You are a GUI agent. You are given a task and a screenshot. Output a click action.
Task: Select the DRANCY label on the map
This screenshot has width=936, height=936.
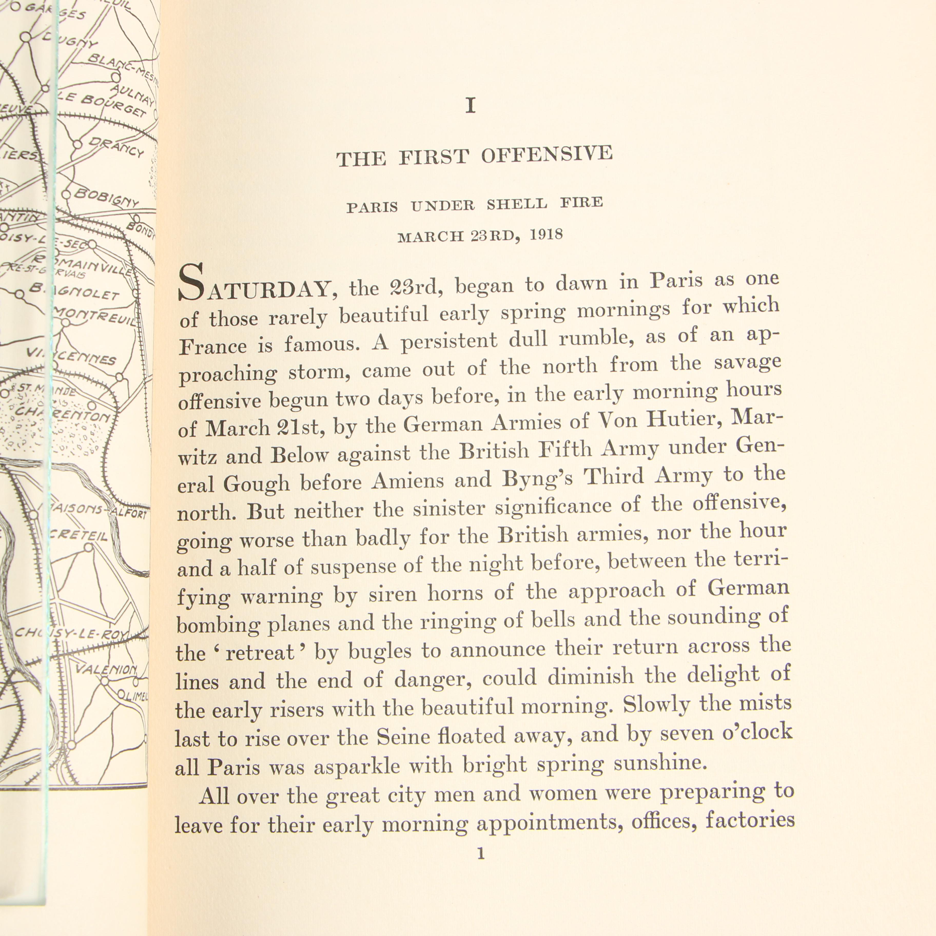click(x=117, y=147)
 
